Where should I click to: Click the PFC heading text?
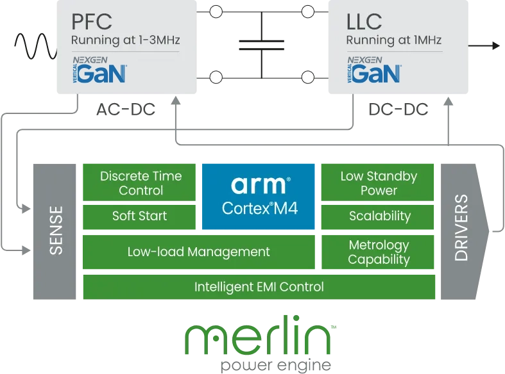[x=92, y=21]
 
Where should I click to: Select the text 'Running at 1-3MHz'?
[x=125, y=41]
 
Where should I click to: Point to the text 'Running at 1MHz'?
[x=393, y=41]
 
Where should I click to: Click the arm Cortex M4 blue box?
[x=259, y=196]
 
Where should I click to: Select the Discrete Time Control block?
[x=141, y=183]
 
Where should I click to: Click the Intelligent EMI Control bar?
[x=259, y=287]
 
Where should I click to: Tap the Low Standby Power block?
[x=378, y=183]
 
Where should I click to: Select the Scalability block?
[x=379, y=216]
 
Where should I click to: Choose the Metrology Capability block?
[x=379, y=252]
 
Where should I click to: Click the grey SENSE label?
[x=56, y=230]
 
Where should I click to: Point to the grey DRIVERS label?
[x=460, y=227]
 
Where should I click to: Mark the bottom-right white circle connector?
[x=308, y=77]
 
